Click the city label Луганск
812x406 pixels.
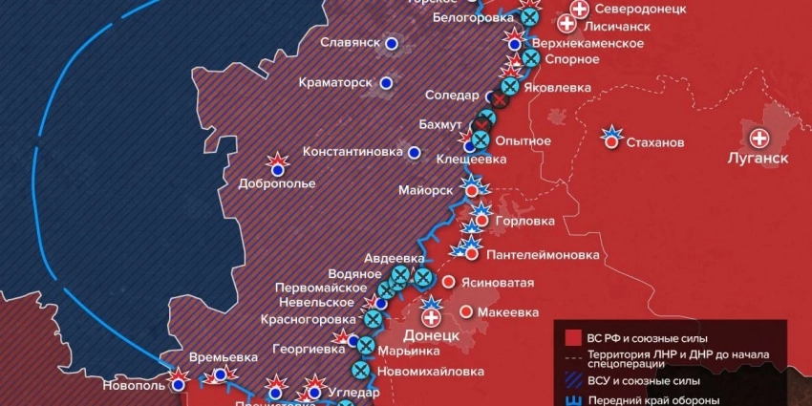click(x=759, y=159)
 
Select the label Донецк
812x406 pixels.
click(x=432, y=336)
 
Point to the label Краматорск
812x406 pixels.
click(x=334, y=83)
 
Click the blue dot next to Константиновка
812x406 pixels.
click(x=414, y=151)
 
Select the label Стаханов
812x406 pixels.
click(x=655, y=142)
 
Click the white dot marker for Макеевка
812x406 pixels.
click(x=465, y=311)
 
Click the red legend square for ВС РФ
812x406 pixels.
click(x=572, y=337)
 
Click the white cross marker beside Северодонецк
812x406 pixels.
click(x=579, y=11)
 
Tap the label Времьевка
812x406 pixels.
click(x=224, y=357)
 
